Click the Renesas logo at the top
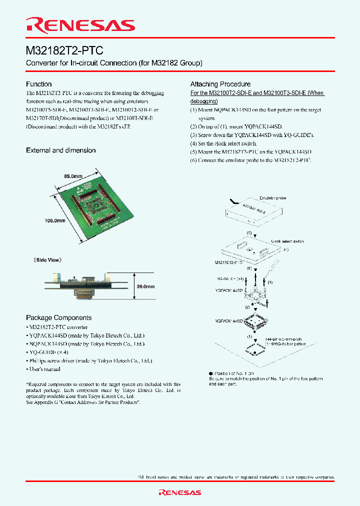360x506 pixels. (x=80, y=25)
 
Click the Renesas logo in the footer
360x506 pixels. (x=179, y=492)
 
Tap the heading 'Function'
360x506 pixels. (x=38, y=84)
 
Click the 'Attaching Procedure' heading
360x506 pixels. (x=220, y=84)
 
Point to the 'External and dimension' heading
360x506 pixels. (x=60, y=150)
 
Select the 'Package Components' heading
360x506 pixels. (x=58, y=317)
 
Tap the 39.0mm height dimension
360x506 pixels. (x=145, y=286)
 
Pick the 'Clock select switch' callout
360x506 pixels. (x=287, y=241)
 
